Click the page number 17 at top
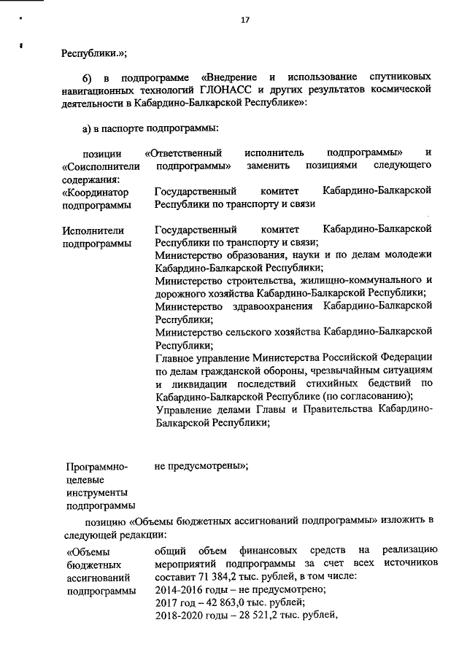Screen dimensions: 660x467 click(x=245, y=20)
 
